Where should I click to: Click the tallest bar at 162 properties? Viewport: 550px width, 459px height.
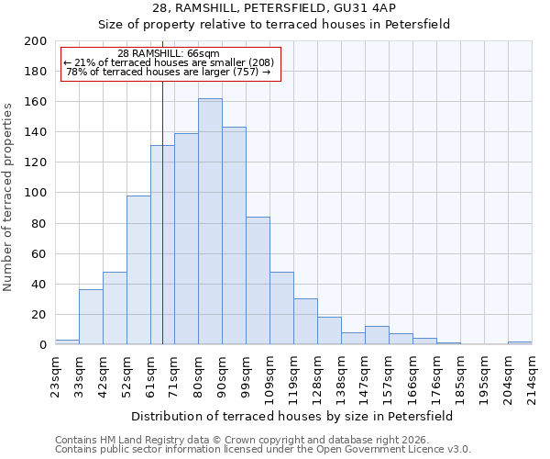point(210,221)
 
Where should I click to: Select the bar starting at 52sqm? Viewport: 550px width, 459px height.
point(138,270)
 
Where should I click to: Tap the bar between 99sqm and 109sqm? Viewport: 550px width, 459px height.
point(258,281)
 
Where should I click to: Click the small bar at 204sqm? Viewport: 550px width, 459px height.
point(520,342)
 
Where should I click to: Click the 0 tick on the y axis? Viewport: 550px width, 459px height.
point(42,344)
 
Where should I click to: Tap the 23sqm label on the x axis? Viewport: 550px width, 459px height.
point(55,374)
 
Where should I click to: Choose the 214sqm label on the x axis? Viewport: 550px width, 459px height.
point(532,374)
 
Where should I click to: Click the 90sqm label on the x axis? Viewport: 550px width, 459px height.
point(222,374)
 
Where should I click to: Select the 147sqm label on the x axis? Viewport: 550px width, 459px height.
point(365,374)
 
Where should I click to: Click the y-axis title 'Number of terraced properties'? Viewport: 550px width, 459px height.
point(8,196)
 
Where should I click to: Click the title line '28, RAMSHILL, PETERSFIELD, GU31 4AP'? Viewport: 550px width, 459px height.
point(274,8)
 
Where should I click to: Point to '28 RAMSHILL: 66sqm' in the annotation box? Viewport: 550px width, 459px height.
point(169,54)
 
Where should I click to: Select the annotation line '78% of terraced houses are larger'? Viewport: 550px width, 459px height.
point(169,72)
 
